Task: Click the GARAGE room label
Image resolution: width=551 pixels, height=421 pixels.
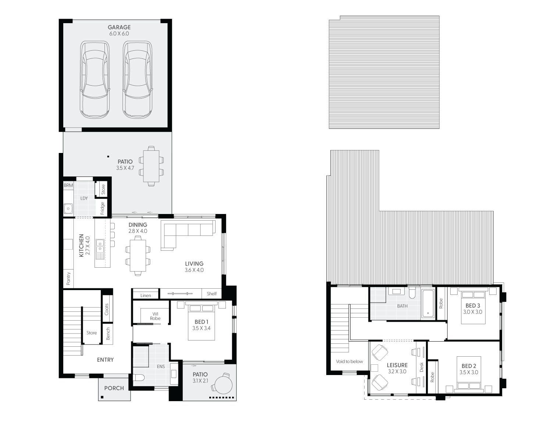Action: [x=119, y=27]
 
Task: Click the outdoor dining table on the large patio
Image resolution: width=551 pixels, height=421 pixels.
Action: [x=151, y=166]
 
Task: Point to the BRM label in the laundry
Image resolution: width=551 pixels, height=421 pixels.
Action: [x=68, y=186]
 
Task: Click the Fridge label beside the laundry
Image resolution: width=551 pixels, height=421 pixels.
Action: [x=103, y=208]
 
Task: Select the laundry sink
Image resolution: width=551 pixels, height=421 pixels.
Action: [x=68, y=209]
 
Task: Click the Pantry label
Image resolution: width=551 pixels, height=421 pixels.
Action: [x=68, y=278]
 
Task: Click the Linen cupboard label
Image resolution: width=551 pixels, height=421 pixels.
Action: [x=146, y=295]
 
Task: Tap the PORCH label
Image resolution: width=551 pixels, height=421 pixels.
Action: [x=114, y=388]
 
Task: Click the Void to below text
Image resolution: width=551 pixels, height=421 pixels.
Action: [x=349, y=361]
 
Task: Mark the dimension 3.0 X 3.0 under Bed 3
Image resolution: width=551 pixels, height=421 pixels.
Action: [x=473, y=312]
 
